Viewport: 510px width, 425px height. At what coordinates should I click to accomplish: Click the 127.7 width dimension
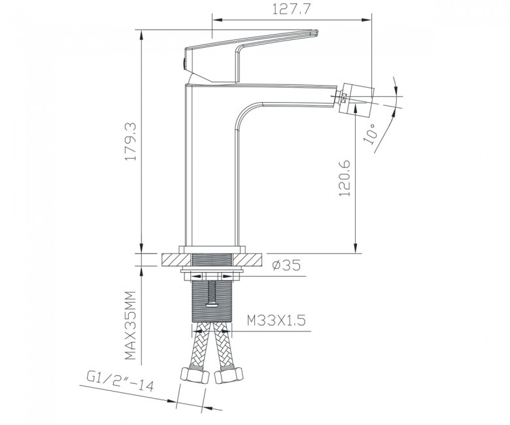click(290, 9)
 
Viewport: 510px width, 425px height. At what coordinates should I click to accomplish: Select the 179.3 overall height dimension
click(130, 141)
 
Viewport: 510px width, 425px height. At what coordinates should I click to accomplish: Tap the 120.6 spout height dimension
click(345, 178)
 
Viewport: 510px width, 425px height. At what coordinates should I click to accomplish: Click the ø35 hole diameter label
click(286, 265)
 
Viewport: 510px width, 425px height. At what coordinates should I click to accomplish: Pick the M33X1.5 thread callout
click(276, 321)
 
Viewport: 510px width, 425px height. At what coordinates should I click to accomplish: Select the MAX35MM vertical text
click(130, 326)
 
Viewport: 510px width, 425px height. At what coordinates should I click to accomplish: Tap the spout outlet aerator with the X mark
click(343, 97)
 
